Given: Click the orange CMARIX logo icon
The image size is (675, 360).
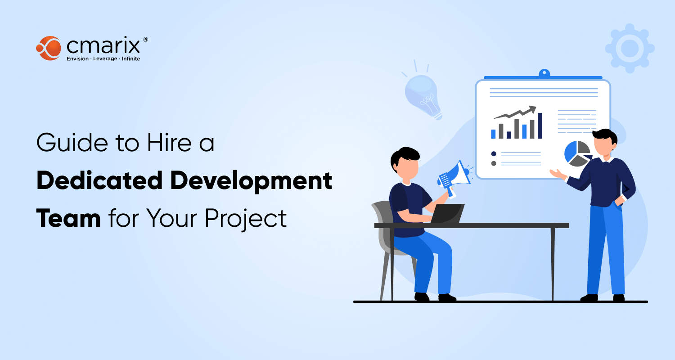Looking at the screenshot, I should [x=49, y=48].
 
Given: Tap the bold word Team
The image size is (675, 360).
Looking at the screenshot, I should [x=68, y=218].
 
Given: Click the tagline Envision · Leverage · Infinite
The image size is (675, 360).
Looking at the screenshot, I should [x=103, y=59].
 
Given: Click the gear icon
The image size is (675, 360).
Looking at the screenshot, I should [x=630, y=48].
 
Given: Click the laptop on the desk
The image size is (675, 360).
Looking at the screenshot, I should [x=447, y=213].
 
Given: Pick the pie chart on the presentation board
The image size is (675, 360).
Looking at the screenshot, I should [x=577, y=153].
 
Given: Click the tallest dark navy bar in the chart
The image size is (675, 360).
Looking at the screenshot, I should [x=540, y=126].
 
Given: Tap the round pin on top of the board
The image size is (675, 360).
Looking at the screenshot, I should [x=544, y=72].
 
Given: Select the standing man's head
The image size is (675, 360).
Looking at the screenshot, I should [x=604, y=143].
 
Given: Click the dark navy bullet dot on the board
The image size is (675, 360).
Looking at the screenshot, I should [x=494, y=153].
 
